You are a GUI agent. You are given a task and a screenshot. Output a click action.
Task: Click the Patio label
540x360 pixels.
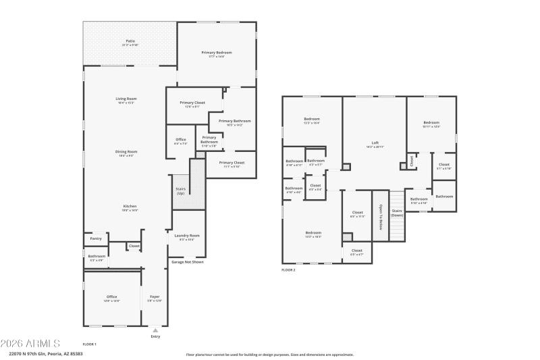click(130, 42)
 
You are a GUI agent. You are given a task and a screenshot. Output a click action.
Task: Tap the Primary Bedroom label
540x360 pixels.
click(217, 54)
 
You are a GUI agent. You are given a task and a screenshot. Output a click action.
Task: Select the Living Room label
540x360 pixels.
click(126, 100)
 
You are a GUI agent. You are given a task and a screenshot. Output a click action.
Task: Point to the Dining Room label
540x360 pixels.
click(126, 153)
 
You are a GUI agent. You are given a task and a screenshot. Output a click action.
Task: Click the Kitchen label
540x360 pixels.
click(130, 207)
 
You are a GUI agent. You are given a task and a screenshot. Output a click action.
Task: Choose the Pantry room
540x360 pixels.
click(96, 238)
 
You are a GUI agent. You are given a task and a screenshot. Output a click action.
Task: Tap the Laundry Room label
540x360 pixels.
click(187, 236)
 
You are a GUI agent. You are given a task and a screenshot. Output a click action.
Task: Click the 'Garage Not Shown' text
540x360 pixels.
click(187, 262)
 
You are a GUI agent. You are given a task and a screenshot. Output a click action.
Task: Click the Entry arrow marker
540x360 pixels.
click(155, 330)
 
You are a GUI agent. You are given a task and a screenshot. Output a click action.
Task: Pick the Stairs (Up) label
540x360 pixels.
click(180, 192)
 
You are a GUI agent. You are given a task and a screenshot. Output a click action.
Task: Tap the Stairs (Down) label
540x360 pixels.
click(397, 213)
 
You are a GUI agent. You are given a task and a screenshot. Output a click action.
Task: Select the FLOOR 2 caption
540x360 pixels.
click(289, 269)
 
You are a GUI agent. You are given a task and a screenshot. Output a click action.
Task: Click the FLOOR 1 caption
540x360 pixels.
click(89, 344)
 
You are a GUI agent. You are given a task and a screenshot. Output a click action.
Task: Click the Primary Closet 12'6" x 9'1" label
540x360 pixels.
click(192, 104)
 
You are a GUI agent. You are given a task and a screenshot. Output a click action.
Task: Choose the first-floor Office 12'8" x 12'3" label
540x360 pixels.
click(111, 298)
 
